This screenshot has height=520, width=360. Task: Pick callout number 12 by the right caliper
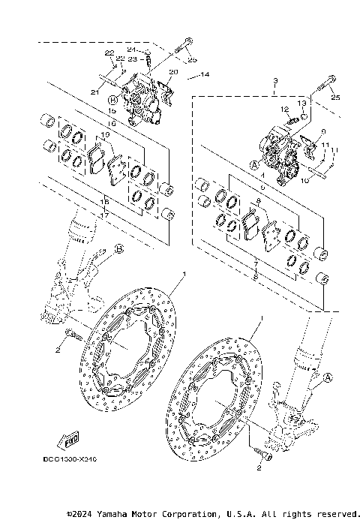click(x=285, y=110)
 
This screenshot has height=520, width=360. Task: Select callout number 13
click(x=301, y=103)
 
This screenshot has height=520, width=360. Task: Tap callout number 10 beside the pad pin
click(x=304, y=181)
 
